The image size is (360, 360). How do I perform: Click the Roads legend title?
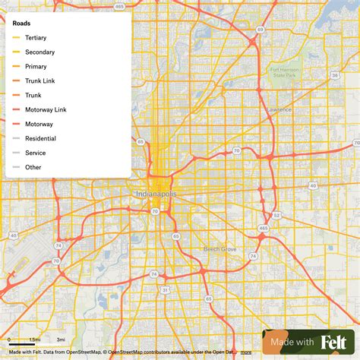click(x=21, y=23)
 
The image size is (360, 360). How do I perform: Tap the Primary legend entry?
click(x=36, y=66)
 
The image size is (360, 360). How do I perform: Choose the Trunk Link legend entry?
click(x=39, y=81)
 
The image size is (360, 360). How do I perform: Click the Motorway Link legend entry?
click(x=46, y=109)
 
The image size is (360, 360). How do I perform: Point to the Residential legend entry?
click(x=40, y=138)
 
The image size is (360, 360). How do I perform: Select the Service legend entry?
click(x=35, y=153)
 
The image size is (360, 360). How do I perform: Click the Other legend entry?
click(x=33, y=167)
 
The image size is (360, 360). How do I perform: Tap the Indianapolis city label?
click(x=156, y=195)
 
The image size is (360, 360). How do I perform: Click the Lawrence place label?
click(x=279, y=109)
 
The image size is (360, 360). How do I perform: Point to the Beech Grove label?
click(x=220, y=248)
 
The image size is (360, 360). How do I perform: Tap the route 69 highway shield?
click(x=260, y=29)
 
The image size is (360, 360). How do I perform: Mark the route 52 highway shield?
click(x=276, y=215)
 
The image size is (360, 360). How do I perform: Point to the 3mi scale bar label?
click(x=61, y=339)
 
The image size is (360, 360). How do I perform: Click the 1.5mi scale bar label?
click(x=35, y=339)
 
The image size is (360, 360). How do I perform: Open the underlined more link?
click(x=246, y=352)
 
